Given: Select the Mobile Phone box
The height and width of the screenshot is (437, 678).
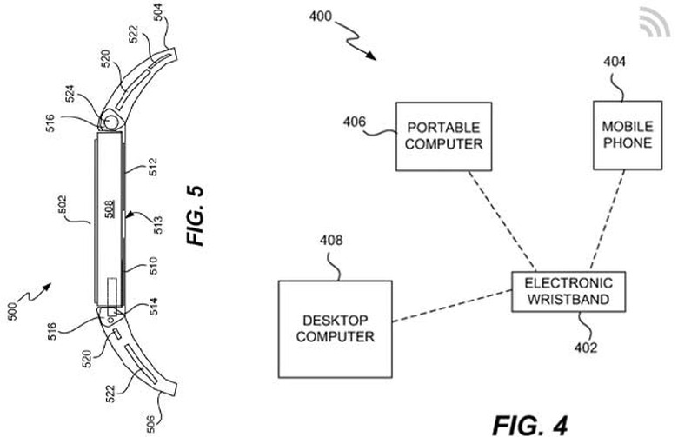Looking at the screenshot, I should point(626,135).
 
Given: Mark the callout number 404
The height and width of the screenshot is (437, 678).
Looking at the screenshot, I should point(615,63).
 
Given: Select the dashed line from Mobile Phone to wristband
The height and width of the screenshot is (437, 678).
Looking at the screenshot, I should point(607,222).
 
